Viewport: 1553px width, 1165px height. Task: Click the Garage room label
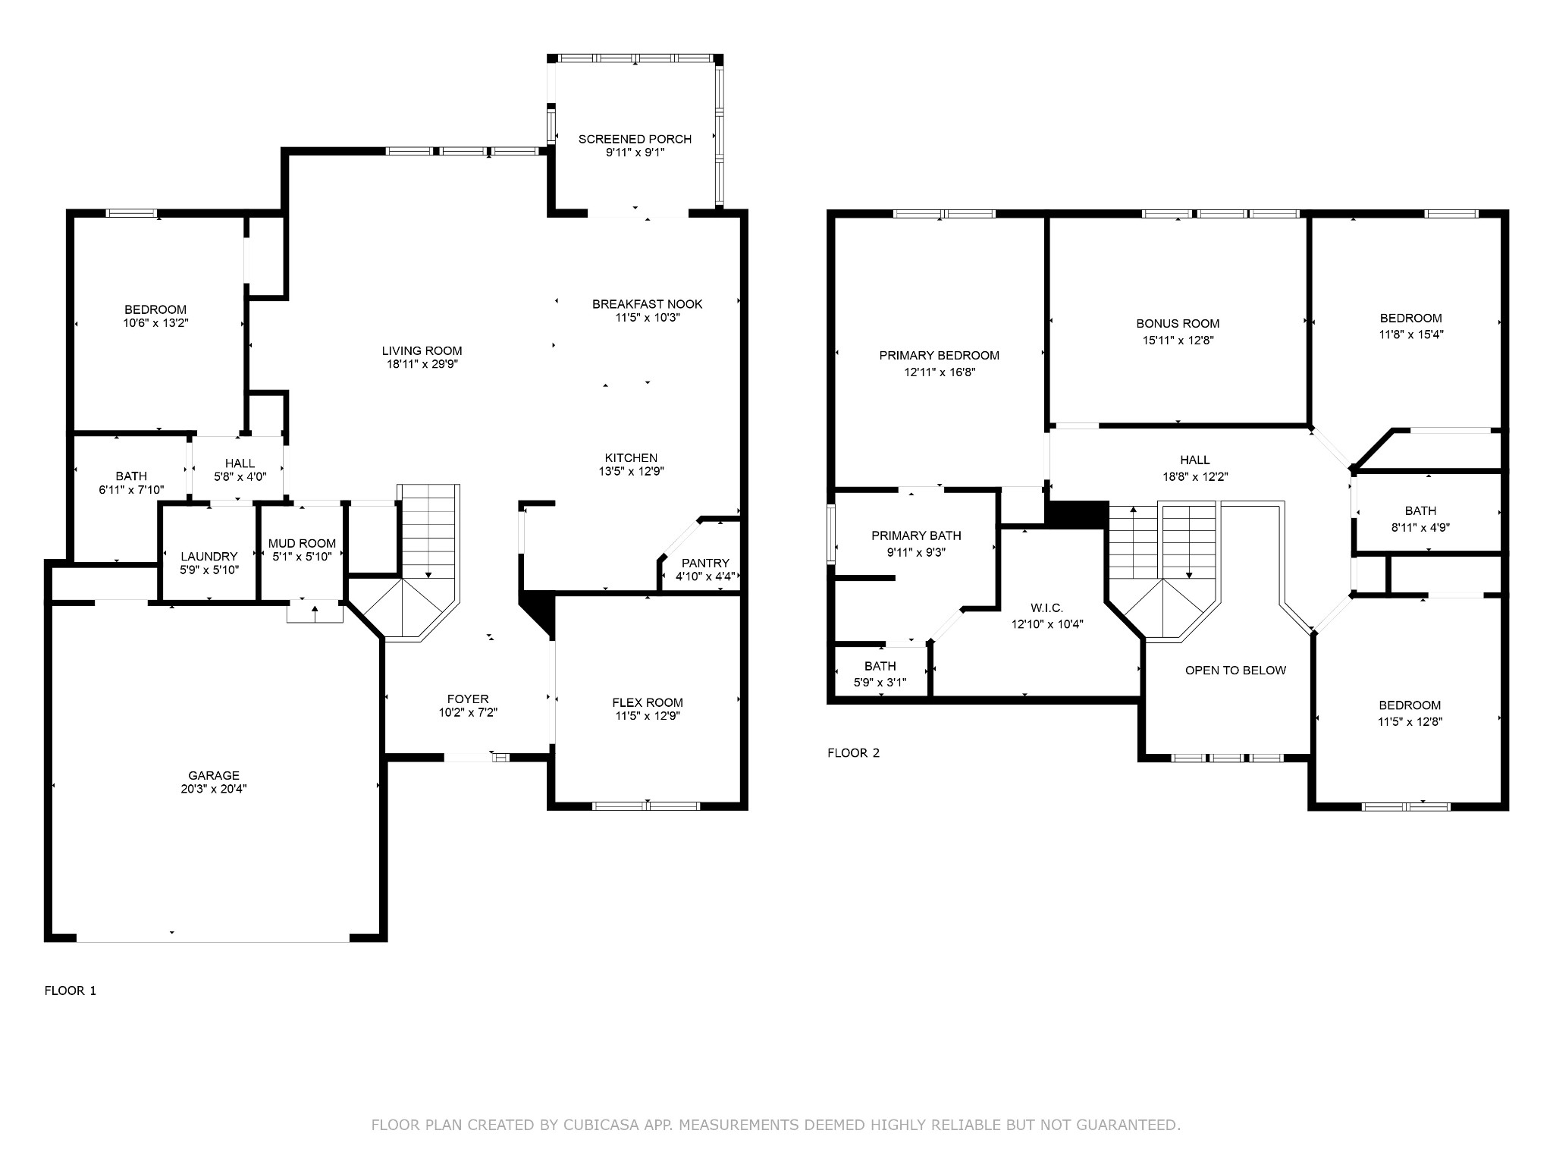tap(214, 775)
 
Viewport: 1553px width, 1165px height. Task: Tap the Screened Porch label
tap(635, 139)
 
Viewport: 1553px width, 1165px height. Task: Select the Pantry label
tap(705, 563)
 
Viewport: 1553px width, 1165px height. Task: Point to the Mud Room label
tap(302, 543)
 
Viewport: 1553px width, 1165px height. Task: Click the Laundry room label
tap(209, 556)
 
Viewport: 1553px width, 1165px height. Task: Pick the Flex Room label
tap(648, 702)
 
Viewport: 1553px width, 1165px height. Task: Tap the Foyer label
tap(468, 699)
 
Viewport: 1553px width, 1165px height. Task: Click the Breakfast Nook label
tap(648, 304)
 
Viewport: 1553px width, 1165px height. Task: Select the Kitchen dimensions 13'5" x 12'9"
tap(631, 471)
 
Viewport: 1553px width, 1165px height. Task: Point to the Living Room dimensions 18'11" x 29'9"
tap(422, 364)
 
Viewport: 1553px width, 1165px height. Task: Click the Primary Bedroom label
tap(940, 355)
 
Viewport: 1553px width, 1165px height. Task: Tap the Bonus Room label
tap(1178, 323)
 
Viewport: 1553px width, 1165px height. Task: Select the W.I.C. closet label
tap(1047, 608)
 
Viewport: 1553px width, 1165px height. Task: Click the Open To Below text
tap(1235, 670)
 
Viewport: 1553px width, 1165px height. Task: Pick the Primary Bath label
tap(916, 535)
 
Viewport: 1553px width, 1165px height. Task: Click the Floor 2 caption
tap(853, 753)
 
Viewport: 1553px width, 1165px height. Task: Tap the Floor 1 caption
tap(71, 991)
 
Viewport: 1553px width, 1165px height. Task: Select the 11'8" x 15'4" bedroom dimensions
tap(1410, 334)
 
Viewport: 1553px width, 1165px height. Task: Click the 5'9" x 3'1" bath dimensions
tap(880, 682)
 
